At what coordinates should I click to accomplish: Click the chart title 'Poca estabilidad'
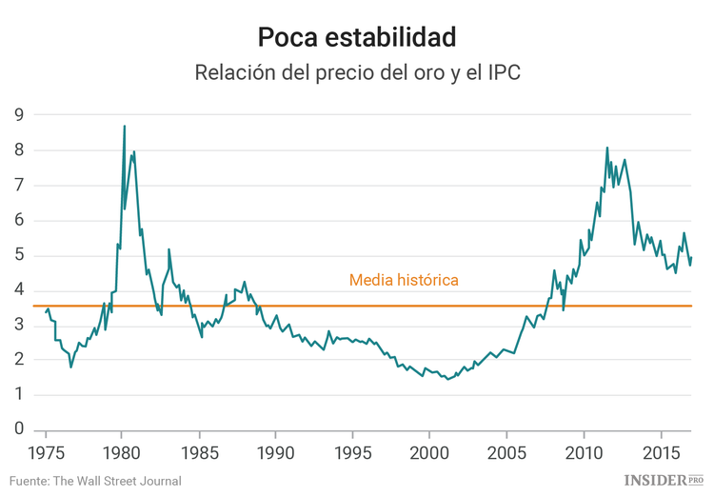(x=357, y=36)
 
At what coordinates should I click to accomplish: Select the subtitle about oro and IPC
(x=357, y=73)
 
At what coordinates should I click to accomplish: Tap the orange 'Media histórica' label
(x=404, y=280)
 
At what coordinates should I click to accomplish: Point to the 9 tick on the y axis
(x=18, y=115)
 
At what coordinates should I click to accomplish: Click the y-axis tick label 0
(x=18, y=430)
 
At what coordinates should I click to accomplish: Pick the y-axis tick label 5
(x=18, y=256)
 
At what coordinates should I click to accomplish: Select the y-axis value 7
(x=18, y=186)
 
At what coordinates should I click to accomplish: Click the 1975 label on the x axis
(x=45, y=449)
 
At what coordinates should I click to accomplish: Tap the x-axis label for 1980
(x=122, y=449)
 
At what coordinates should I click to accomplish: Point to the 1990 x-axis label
(x=275, y=449)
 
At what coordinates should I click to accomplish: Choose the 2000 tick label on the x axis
(x=429, y=449)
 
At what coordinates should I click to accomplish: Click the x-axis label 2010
(x=584, y=449)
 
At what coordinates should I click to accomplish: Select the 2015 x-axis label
(x=661, y=449)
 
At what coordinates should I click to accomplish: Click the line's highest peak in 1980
(x=124, y=126)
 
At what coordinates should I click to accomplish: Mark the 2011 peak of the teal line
(x=606, y=148)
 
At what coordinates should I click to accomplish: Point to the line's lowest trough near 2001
(x=447, y=379)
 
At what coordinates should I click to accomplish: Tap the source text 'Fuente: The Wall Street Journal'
(x=96, y=481)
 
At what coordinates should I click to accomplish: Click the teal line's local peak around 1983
(x=169, y=249)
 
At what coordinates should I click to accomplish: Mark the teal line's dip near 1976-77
(x=70, y=367)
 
